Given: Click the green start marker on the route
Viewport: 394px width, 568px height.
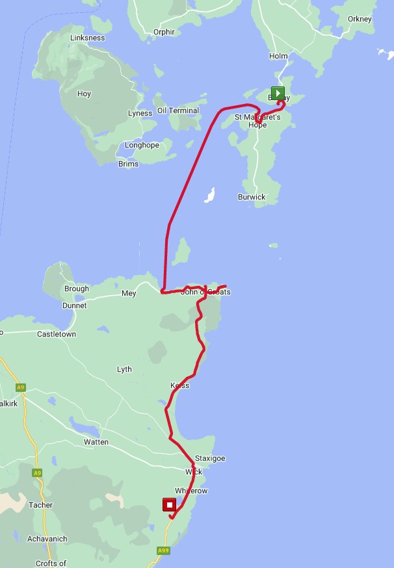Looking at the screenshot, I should [x=278, y=93].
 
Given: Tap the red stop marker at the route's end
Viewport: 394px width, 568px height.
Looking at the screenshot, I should [x=170, y=505].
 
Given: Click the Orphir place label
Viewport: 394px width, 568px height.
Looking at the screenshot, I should [x=164, y=32].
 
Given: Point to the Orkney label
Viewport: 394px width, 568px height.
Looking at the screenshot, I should [x=360, y=19].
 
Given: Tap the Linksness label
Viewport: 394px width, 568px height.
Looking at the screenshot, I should [x=87, y=38].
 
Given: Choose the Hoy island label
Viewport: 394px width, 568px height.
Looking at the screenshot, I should [x=84, y=94].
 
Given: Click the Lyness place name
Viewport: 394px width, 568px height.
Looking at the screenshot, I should [x=140, y=113].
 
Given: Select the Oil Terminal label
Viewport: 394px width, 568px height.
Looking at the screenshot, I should [x=178, y=110].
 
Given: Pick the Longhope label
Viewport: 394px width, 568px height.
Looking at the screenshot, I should [x=142, y=145].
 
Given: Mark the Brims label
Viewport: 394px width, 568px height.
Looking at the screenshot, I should [x=128, y=164].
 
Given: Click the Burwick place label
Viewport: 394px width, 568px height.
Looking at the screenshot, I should [x=251, y=197].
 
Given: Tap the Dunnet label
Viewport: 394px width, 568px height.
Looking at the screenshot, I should [x=74, y=305].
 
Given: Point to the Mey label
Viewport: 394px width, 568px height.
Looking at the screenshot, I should [x=129, y=294].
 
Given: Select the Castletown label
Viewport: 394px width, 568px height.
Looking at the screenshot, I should [x=57, y=334].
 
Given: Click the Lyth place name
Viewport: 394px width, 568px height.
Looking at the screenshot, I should [x=124, y=369].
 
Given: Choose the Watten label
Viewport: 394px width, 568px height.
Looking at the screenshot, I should [x=96, y=442].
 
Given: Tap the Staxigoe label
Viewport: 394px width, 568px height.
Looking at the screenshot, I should [x=210, y=458].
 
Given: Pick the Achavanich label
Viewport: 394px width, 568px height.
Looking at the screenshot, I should [x=47, y=539].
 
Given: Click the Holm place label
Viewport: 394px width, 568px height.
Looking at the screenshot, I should [x=278, y=56].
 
